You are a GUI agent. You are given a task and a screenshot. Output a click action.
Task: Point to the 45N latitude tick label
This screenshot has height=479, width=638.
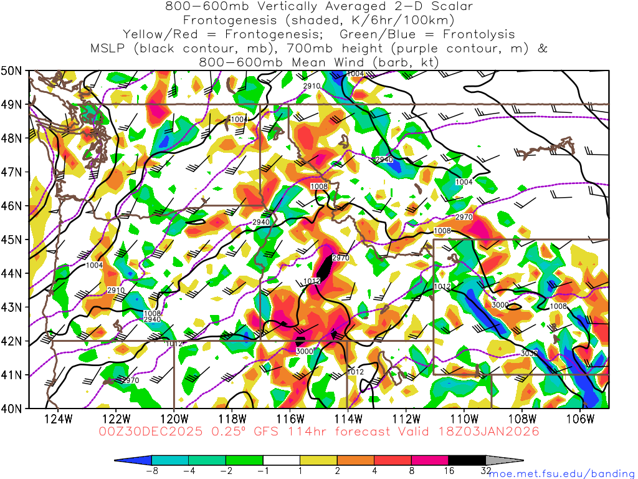[13, 239]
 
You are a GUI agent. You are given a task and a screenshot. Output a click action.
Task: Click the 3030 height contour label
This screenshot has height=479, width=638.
[529, 354]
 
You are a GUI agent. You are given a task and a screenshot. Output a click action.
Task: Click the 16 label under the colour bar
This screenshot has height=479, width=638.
[449, 472]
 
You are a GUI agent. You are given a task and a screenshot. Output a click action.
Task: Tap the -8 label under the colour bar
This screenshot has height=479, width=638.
[150, 472]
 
